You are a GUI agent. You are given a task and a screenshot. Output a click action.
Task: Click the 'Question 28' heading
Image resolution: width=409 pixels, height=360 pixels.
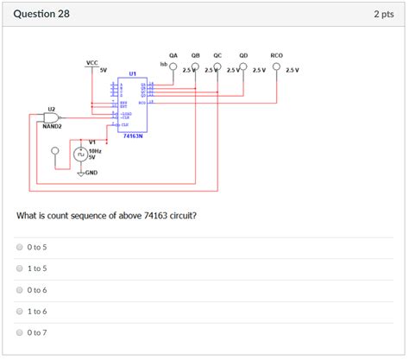pos(41,15)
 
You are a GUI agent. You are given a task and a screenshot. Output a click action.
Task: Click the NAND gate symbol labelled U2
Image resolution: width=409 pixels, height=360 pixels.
pos(52,117)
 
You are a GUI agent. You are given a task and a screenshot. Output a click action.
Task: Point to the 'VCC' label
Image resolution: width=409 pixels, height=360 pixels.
pos(92,63)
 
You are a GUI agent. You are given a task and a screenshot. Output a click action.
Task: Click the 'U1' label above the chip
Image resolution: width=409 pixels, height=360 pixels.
pos(132,73)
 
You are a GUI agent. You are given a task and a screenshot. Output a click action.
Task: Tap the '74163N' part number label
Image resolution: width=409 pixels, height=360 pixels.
pos(133,136)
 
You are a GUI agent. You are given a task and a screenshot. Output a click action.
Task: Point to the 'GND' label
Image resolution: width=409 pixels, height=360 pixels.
pos(91,172)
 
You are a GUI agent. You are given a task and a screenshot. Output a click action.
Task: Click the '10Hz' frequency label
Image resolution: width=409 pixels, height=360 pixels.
pos(96,149)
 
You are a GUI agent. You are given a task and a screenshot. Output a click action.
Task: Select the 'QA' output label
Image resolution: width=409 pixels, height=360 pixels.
pos(173,54)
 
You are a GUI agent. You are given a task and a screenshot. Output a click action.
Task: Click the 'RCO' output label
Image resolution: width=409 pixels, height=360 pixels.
pos(276,54)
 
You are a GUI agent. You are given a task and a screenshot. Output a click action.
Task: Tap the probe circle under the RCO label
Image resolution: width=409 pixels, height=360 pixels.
pos(276,67)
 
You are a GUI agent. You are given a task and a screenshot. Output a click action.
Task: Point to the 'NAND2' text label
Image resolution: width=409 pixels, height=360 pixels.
pos(52,126)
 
